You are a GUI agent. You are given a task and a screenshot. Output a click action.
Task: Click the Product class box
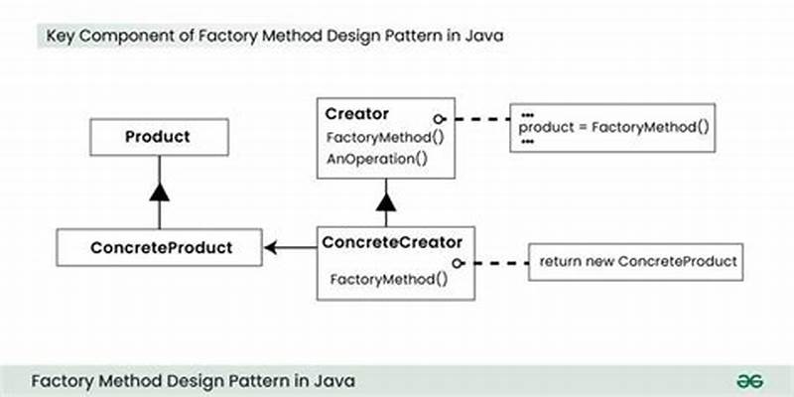tap(158, 136)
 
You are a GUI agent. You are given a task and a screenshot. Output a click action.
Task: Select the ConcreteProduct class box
tap(159, 247)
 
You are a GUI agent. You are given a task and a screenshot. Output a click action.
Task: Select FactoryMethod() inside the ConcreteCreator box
tap(388, 279)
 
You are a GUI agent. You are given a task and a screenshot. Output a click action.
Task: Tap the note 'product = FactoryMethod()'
tap(614, 127)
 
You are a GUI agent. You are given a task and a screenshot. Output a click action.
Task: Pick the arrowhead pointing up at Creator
tap(386, 202)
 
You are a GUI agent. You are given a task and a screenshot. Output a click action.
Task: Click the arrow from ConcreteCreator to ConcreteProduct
tap(291, 248)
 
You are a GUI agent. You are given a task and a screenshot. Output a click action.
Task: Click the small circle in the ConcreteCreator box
tap(459, 263)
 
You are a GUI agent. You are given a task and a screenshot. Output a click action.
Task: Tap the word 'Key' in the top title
tap(60, 37)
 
